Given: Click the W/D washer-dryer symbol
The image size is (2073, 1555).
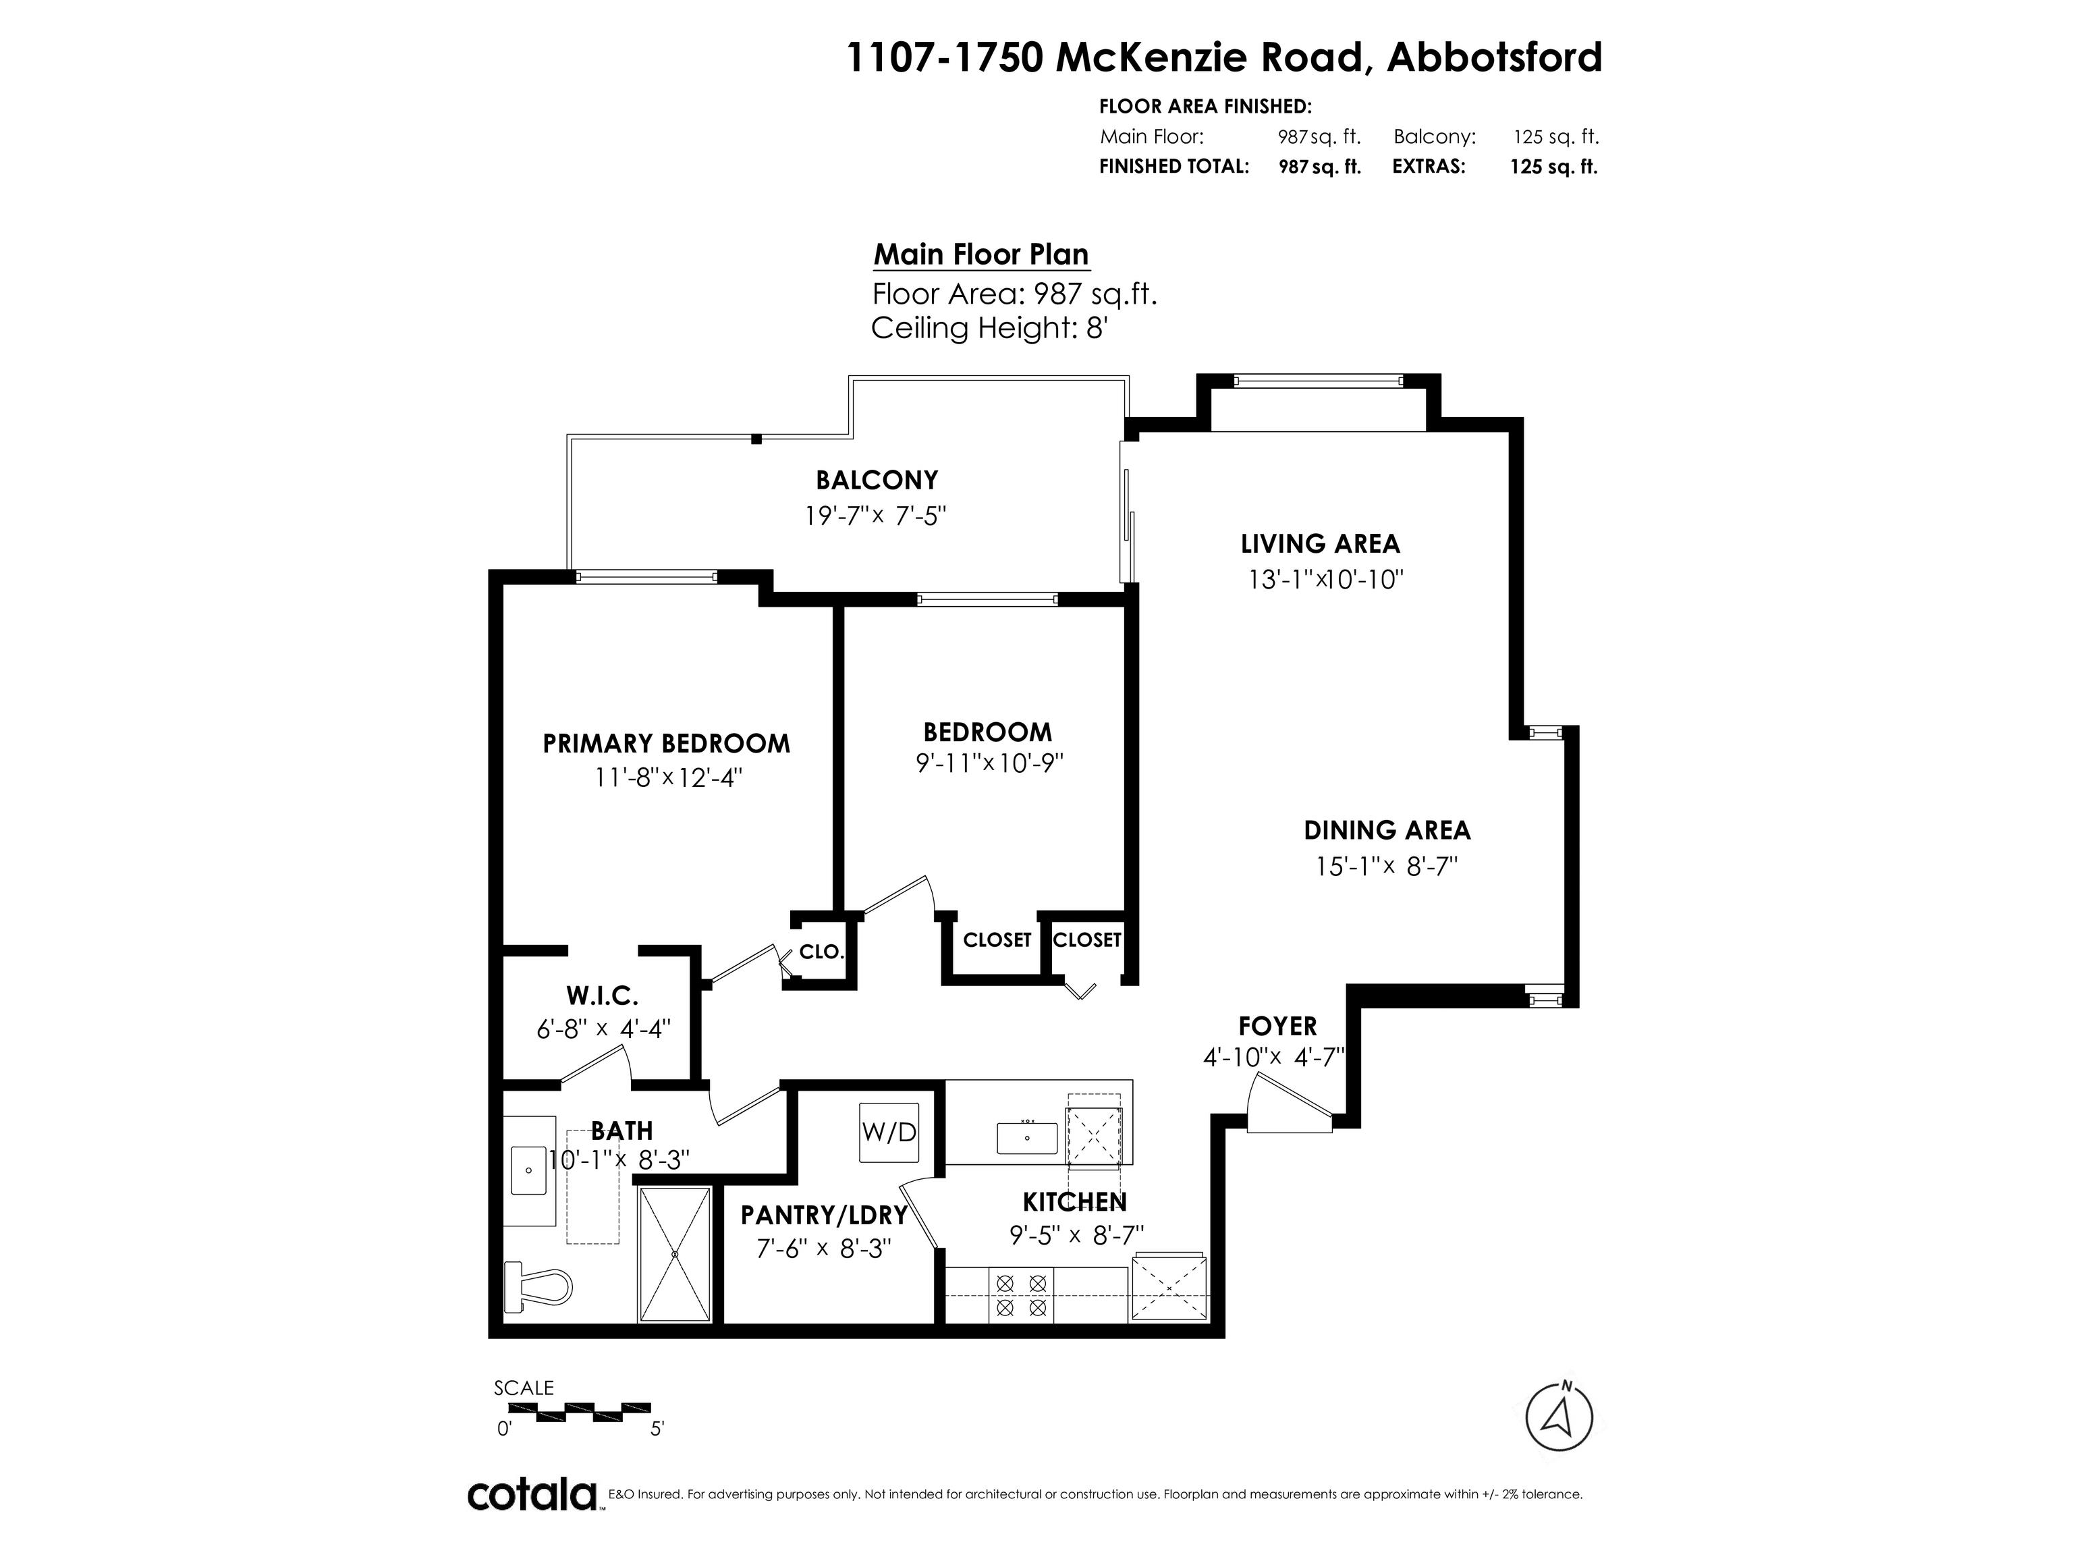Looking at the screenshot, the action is (x=889, y=1133).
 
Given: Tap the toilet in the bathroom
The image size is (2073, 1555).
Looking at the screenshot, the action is (x=538, y=1286).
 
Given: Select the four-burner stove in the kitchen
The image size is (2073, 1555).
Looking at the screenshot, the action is (x=1022, y=1294).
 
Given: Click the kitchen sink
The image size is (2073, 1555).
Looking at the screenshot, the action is (x=1027, y=1138).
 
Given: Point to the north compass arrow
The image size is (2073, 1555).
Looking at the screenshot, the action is (x=1559, y=1415).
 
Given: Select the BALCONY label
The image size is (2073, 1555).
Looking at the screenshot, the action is (x=877, y=480).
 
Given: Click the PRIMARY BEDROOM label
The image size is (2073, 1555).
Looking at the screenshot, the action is (x=666, y=743).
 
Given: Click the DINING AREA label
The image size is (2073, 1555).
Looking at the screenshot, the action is (x=1387, y=830).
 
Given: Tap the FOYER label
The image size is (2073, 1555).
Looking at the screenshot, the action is (x=1277, y=1027).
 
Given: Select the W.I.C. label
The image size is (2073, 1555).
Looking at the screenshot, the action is (x=602, y=995).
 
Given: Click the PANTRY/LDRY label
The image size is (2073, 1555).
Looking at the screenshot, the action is (x=824, y=1216).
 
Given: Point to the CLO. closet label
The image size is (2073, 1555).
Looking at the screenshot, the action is (x=822, y=952).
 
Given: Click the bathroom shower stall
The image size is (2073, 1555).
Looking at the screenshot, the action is (x=675, y=1254).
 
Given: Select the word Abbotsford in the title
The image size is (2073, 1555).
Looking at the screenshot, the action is (x=1495, y=57).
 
